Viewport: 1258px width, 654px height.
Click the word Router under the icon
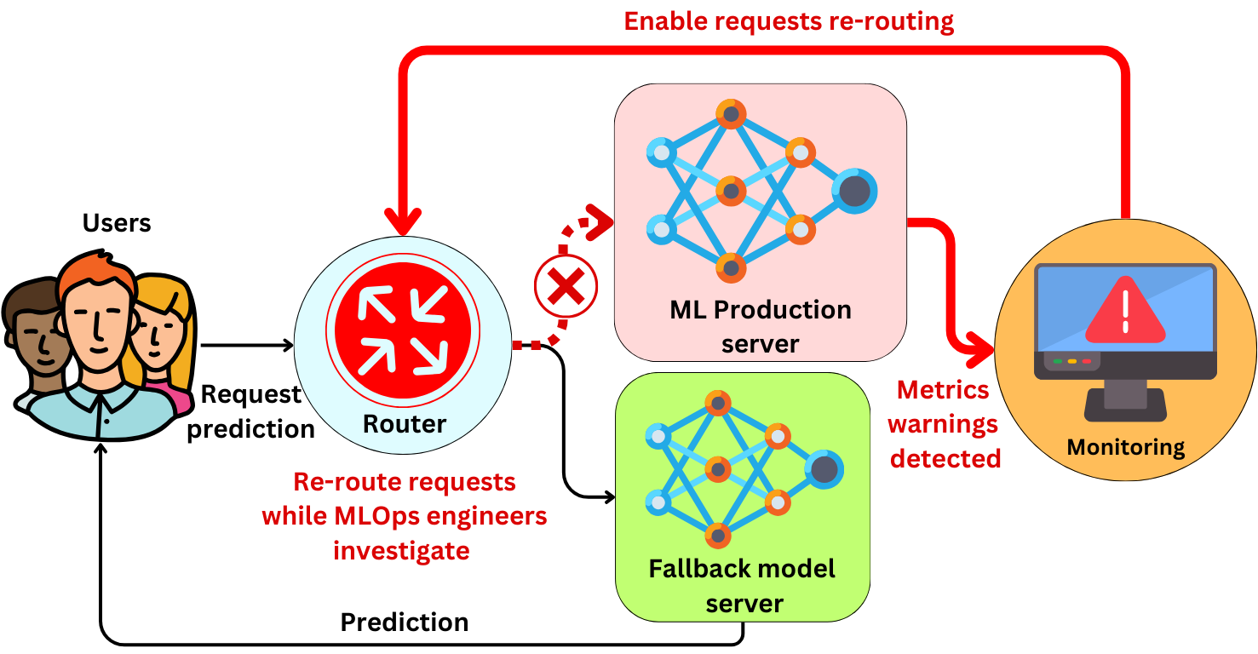tap(405, 423)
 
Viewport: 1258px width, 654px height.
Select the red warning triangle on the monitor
tap(1125, 311)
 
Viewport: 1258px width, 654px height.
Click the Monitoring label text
tap(1125, 447)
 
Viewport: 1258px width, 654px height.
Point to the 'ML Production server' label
tap(760, 326)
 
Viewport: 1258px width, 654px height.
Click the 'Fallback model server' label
tap(743, 586)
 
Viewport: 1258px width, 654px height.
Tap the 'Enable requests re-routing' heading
tap(789, 20)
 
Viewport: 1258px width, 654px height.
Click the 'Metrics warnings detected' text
tap(945, 424)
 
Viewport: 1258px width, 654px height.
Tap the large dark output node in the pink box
tap(854, 192)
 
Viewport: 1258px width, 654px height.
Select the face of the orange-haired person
tap(100, 317)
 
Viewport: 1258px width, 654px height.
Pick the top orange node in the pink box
tap(731, 114)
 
